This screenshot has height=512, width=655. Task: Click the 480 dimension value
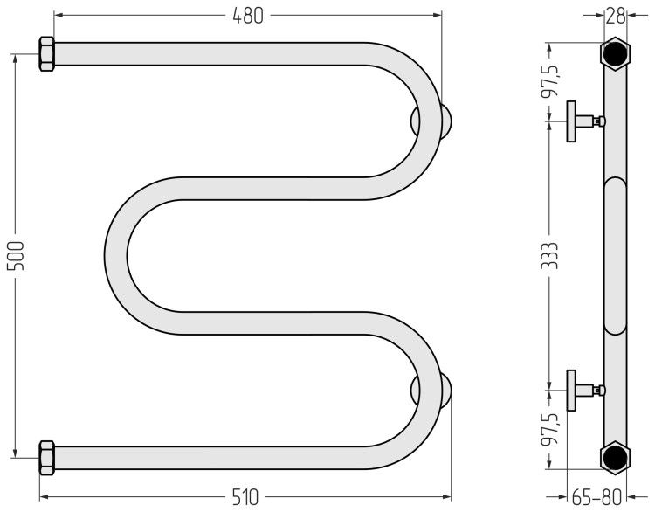[x=248, y=16]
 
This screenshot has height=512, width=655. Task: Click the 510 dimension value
[x=245, y=497]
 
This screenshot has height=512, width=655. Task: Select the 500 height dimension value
[x=17, y=255]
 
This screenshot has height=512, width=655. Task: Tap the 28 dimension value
[x=616, y=16]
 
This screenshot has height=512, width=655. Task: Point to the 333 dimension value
[x=549, y=255]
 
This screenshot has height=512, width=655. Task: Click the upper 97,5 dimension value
[x=549, y=81]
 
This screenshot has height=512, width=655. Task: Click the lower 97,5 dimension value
[x=549, y=430]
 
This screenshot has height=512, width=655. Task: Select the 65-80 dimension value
[x=597, y=497]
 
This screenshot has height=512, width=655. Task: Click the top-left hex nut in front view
[x=47, y=54]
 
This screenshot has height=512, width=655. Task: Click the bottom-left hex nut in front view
[x=47, y=458]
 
